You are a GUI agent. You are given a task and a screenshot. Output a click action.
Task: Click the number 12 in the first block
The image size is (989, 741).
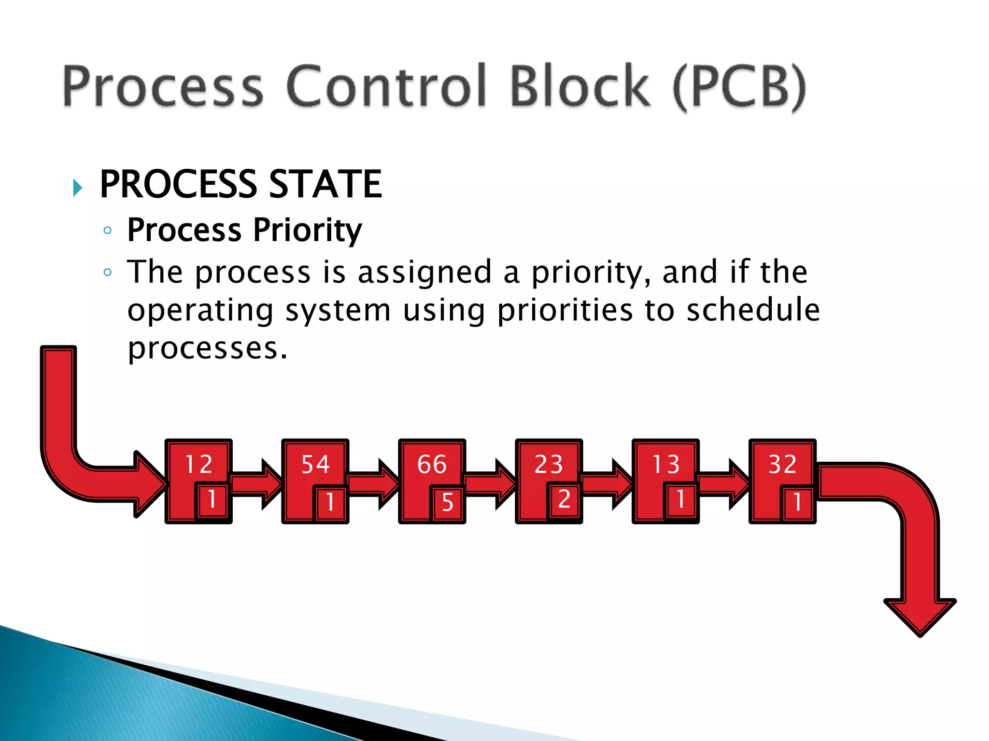(198, 464)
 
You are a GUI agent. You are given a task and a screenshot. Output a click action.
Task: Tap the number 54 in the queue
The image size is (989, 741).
(315, 464)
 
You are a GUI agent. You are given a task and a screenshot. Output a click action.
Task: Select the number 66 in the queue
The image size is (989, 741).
(432, 464)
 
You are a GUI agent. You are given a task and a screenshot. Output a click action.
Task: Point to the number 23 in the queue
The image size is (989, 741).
(549, 464)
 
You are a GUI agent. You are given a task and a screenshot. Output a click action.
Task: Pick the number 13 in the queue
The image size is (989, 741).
(666, 464)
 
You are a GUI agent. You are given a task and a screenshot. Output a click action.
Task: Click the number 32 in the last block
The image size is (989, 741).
(783, 464)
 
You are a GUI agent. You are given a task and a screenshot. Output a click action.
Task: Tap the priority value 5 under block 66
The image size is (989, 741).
(448, 502)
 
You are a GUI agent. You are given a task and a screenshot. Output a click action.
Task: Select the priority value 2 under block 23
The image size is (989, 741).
(565, 500)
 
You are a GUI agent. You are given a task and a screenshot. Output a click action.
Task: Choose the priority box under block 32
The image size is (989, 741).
(798, 502)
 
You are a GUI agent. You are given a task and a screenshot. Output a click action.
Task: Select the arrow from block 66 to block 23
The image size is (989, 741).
(491, 484)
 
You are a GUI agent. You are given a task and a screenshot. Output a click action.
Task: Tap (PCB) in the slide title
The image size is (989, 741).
(739, 87)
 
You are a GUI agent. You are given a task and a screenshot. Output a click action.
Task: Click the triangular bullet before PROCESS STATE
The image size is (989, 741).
(78, 188)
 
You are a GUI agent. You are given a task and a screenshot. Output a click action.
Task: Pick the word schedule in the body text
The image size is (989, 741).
(753, 310)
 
